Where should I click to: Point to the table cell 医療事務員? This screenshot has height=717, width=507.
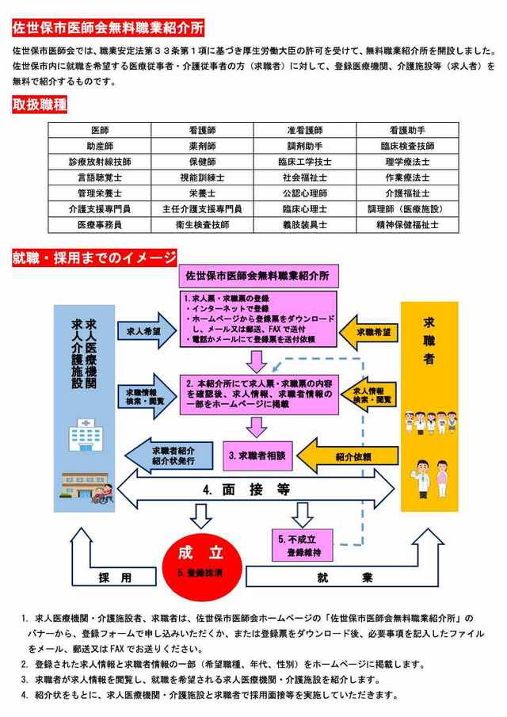pyautogui.click(x=100, y=224)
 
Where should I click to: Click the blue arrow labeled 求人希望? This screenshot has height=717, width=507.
pyautogui.click(x=143, y=332)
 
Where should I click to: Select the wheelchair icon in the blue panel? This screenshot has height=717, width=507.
pyautogui.click(x=102, y=495)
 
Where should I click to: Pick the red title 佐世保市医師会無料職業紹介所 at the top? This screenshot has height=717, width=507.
pyautogui.click(x=108, y=28)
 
